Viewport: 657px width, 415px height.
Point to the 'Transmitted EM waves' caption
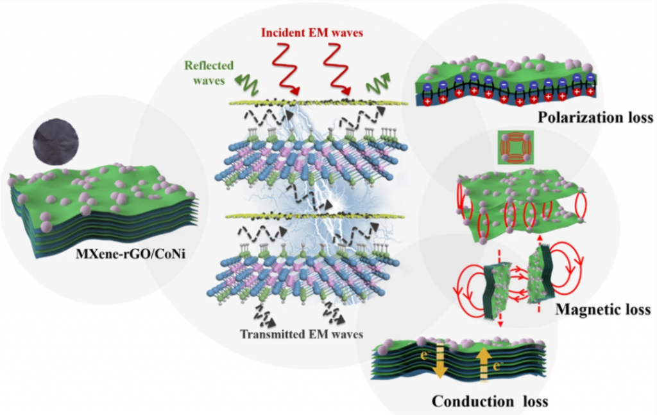click(302, 333)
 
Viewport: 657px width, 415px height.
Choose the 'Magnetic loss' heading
click(602, 310)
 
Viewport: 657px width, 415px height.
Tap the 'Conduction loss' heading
click(490, 402)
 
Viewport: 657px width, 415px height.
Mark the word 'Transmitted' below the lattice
click(273, 333)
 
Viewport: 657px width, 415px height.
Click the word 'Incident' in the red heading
click(278, 32)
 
